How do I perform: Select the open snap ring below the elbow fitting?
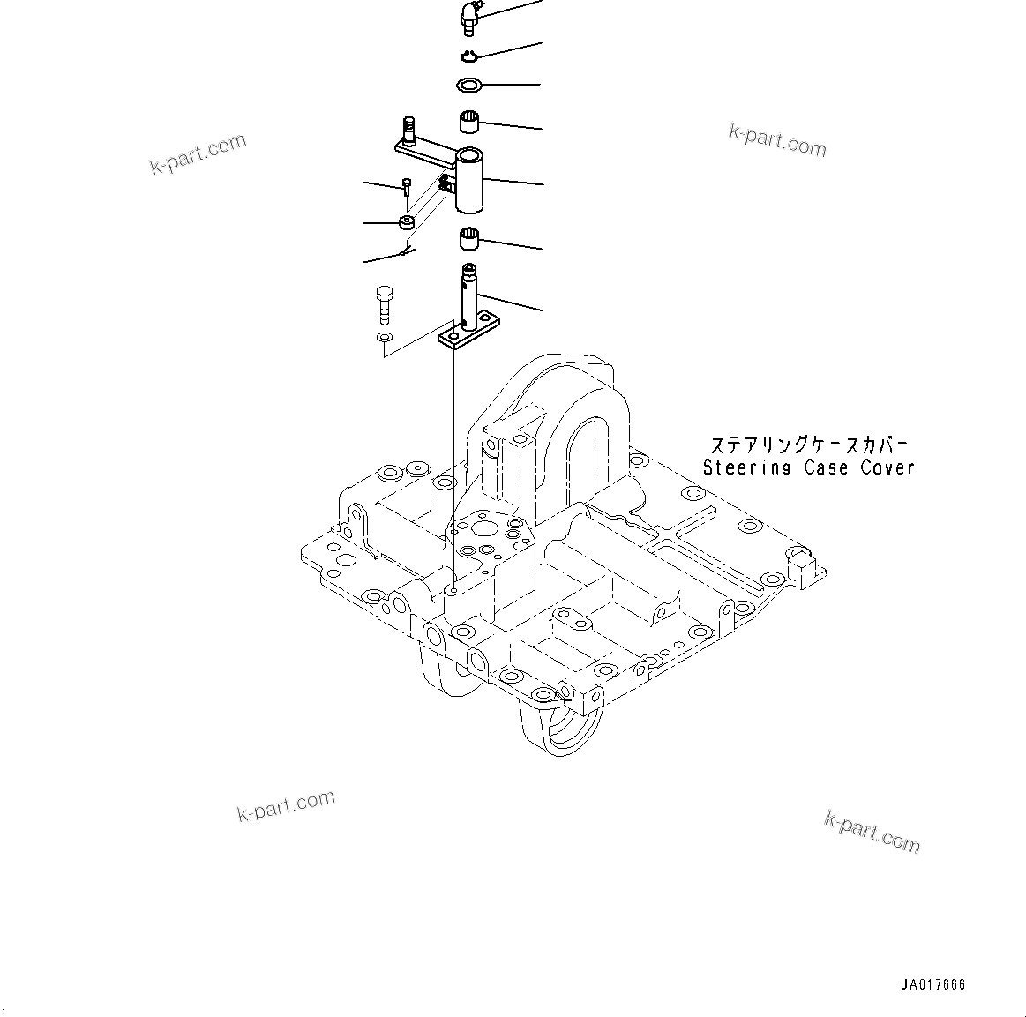[x=468, y=57]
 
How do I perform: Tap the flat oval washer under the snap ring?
[x=469, y=86]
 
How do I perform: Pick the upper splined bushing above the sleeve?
[x=469, y=121]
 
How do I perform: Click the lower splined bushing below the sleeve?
[x=470, y=238]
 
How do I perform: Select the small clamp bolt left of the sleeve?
[x=405, y=188]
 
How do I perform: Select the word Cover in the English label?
[x=887, y=468]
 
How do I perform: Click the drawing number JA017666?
[x=933, y=985]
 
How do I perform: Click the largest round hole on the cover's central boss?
[x=483, y=530]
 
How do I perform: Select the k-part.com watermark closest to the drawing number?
[x=872, y=833]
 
